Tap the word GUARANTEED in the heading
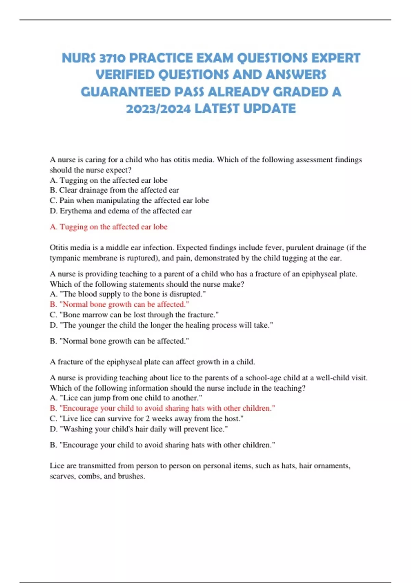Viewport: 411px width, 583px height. coord(125,92)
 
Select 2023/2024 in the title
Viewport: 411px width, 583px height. coord(158,109)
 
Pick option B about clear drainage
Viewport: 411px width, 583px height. coord(114,190)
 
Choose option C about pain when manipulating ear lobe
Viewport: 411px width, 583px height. coord(129,200)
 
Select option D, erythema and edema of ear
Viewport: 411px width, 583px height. coord(121,211)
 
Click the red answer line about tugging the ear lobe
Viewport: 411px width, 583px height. coord(109,227)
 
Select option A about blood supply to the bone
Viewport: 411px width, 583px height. coord(128,294)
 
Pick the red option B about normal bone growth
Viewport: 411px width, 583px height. coord(119,304)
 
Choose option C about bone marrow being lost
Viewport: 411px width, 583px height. coord(134,314)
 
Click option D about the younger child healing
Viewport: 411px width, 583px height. coord(161,325)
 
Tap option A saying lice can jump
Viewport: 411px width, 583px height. coord(126,398)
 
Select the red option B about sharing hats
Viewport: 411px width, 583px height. coord(162,408)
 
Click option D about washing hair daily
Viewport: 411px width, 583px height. coord(139,429)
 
